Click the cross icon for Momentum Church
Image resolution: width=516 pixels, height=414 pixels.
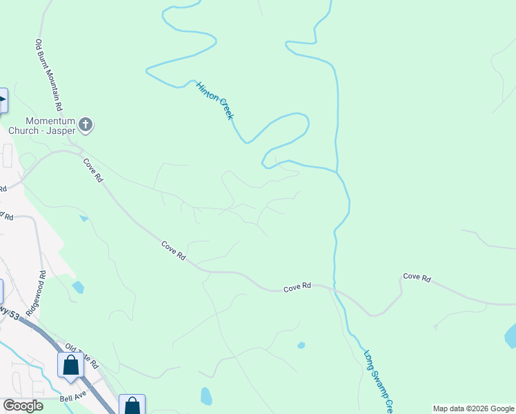click(x=86, y=125)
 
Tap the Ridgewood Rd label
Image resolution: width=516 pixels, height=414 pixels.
click(x=36, y=293)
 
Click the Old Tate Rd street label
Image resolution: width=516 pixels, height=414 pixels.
click(x=81, y=355)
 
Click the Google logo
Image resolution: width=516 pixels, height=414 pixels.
click(x=22, y=406)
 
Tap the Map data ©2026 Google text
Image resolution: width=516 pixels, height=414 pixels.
click(x=473, y=408)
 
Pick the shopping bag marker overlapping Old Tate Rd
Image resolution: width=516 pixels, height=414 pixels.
click(x=70, y=364)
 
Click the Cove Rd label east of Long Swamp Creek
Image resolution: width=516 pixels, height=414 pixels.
click(x=417, y=277)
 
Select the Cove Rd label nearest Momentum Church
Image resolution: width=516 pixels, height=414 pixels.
click(x=93, y=170)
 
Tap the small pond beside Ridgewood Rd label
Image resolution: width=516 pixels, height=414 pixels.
click(x=78, y=287)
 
